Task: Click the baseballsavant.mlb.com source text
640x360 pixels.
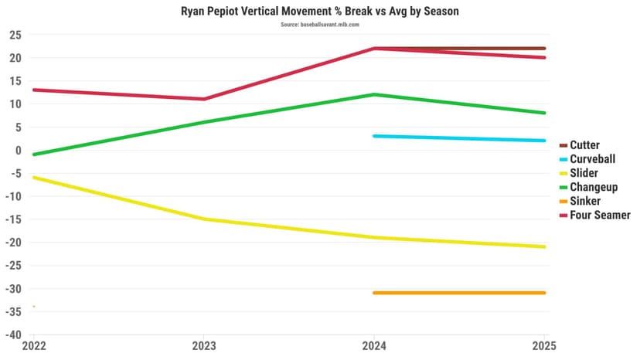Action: [319, 25]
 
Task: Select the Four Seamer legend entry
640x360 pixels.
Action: [600, 215]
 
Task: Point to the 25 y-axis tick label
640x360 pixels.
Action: [15, 35]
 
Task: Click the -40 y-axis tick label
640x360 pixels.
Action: [13, 335]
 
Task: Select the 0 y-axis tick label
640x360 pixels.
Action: [19, 150]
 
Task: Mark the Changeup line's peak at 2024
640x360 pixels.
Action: [374, 94]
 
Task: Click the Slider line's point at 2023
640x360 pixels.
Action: [204, 219]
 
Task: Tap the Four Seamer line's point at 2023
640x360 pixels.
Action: [204, 99]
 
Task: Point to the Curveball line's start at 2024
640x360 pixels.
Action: [374, 136]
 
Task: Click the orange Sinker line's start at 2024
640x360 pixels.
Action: [374, 293]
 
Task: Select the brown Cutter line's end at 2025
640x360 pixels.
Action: [544, 49]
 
